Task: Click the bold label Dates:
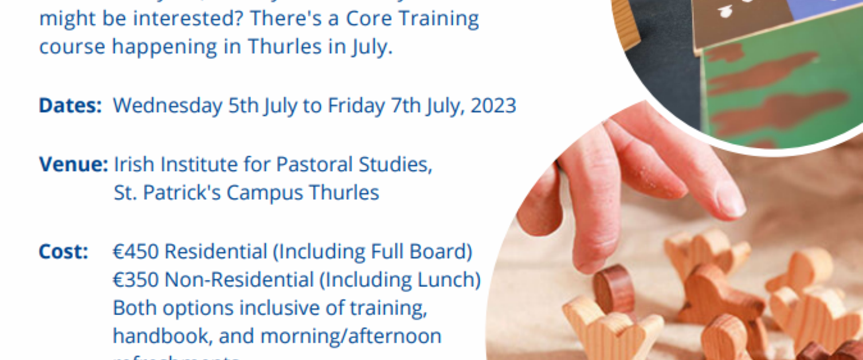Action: (70, 105)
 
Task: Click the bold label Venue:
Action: (73, 165)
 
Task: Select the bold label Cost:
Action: (63, 252)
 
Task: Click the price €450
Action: (135, 252)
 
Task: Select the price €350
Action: (135, 280)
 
